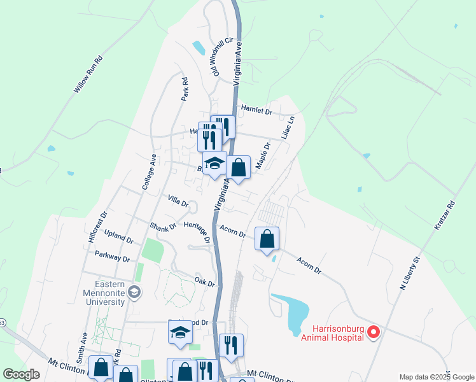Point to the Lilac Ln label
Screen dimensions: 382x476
pyautogui.click(x=290, y=127)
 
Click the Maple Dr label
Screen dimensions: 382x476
pyautogui.click(x=263, y=155)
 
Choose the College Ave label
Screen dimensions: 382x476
pyautogui.click(x=149, y=172)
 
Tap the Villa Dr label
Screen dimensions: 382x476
pyautogui.click(x=178, y=202)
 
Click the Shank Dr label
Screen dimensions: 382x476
pyautogui.click(x=163, y=227)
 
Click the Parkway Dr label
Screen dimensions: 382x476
pyautogui.click(x=112, y=259)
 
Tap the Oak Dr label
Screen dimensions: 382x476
pyautogui.click(x=205, y=281)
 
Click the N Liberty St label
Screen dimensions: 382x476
pyautogui.click(x=411, y=274)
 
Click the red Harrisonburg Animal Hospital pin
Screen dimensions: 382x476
pyautogui.click(x=374, y=331)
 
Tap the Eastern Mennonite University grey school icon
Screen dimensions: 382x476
pyautogui.click(x=134, y=292)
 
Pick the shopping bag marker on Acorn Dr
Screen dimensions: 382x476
pyautogui.click(x=267, y=239)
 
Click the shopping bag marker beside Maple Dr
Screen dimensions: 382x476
pyautogui.click(x=238, y=168)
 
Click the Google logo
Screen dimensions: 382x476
pyautogui.click(x=22, y=374)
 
